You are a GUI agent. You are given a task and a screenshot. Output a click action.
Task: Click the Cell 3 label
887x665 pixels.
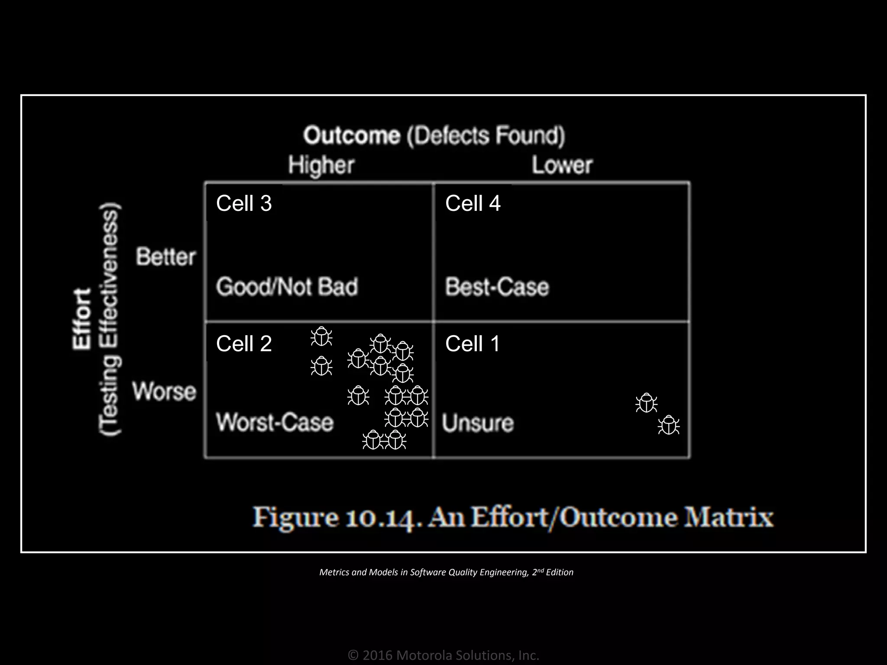coord(244,203)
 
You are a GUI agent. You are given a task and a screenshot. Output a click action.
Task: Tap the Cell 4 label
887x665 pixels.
coord(473,203)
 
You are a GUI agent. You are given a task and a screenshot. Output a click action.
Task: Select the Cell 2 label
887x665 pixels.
coord(244,344)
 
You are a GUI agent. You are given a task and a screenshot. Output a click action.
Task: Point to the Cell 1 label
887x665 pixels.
coord(473,344)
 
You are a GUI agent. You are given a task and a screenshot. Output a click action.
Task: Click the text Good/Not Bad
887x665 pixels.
coord(287,287)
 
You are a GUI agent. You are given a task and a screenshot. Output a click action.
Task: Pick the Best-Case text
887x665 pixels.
coord(497,287)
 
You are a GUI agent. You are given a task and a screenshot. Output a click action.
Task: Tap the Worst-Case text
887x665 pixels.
coord(275,422)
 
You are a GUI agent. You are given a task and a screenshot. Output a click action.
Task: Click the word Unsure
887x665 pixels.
coord(478,423)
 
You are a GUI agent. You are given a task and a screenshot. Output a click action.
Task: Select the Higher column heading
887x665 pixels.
coord(321,165)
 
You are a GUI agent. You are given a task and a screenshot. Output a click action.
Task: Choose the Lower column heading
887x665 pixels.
coord(562,165)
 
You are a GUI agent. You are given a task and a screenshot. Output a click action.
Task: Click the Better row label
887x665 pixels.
coord(166,257)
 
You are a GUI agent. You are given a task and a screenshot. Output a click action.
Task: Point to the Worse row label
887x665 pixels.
coord(165,391)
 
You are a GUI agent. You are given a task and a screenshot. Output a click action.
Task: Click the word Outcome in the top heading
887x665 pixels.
coord(352,136)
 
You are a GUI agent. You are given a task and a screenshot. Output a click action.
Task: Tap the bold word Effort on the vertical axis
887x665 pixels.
coord(82,318)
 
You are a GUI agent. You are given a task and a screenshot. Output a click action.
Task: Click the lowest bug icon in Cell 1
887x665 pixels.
coord(668,425)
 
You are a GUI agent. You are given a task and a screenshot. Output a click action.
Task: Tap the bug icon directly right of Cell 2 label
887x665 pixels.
coord(321,336)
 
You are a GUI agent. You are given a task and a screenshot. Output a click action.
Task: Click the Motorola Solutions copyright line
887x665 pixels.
coord(443,655)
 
